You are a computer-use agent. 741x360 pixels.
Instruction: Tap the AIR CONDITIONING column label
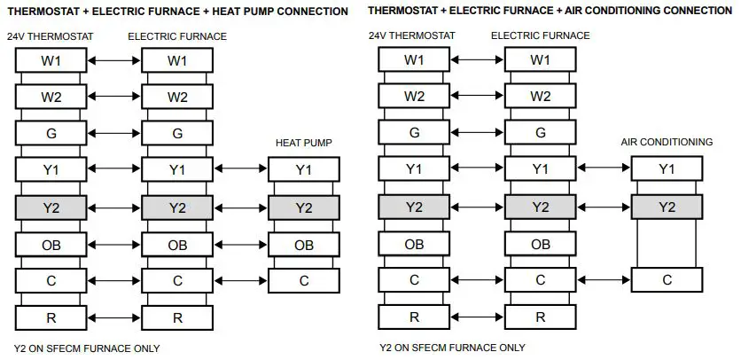pos(667,142)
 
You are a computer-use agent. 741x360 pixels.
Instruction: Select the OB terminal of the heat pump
pos(303,245)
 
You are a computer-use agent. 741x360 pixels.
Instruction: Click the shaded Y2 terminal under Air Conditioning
pos(667,207)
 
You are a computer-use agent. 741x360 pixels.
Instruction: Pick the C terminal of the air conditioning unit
pos(667,280)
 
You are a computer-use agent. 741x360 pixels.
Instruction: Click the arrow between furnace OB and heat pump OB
pos(240,245)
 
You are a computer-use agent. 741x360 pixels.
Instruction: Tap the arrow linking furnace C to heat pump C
pos(240,280)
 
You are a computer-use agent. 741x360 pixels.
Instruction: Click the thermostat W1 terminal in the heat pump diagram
pos(51,60)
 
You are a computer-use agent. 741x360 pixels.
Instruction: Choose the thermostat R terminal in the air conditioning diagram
pos(414,317)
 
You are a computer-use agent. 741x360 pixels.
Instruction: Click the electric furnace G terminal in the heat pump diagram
pos(177,134)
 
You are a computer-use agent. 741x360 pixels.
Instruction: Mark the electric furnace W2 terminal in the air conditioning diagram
pos(540,97)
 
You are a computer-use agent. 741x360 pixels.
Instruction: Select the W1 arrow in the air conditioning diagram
pos(477,60)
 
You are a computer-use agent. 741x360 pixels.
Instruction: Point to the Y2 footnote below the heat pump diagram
pos(87,348)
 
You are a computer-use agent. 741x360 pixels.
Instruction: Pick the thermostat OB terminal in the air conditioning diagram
pos(414,245)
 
